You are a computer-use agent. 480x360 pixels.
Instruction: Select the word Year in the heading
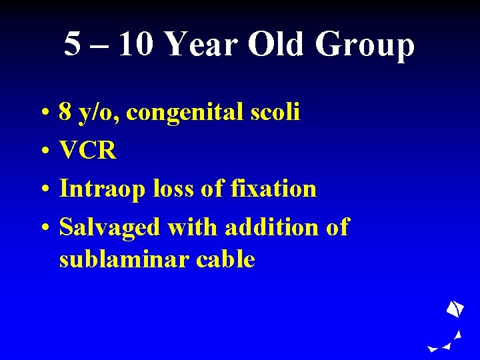tap(200, 45)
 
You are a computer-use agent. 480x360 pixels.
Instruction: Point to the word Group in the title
tap(365, 45)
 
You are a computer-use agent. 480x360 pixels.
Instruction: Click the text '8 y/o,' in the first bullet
tap(89, 113)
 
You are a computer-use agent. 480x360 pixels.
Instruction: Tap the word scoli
tap(277, 112)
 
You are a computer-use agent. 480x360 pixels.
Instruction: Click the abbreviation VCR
tap(87, 151)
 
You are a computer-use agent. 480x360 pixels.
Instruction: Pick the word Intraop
tap(102, 189)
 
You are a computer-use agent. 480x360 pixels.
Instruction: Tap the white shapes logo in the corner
tap(450, 327)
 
